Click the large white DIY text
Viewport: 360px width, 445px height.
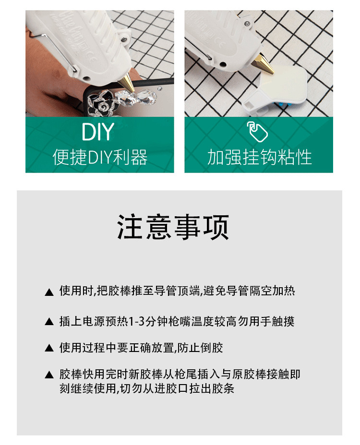[98, 131]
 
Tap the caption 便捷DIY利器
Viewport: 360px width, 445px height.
[100, 157]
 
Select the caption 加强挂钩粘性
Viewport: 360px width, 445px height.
[259, 157]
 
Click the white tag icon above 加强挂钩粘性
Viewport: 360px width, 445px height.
[257, 132]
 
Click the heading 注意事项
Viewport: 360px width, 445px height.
[173, 227]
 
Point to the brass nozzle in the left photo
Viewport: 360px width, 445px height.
[127, 82]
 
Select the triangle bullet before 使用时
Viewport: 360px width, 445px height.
[49, 293]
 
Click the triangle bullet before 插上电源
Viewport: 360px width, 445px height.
[49, 322]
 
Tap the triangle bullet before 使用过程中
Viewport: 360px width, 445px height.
[49, 348]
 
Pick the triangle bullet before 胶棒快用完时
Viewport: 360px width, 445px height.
[49, 375]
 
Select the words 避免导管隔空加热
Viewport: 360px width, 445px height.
[249, 291]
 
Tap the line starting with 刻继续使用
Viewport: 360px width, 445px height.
[147, 388]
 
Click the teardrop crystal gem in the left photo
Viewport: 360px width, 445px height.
[146, 97]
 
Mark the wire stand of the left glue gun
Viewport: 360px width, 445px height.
[54, 51]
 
